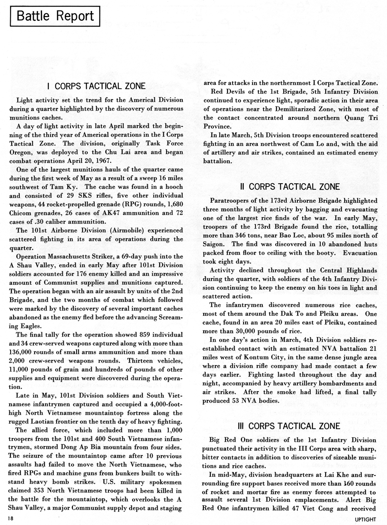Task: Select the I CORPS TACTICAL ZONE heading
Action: tap(97, 86)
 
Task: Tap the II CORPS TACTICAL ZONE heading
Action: tap(290, 186)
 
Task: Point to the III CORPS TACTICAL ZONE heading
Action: tap(290, 426)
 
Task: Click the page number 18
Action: tap(10, 518)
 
